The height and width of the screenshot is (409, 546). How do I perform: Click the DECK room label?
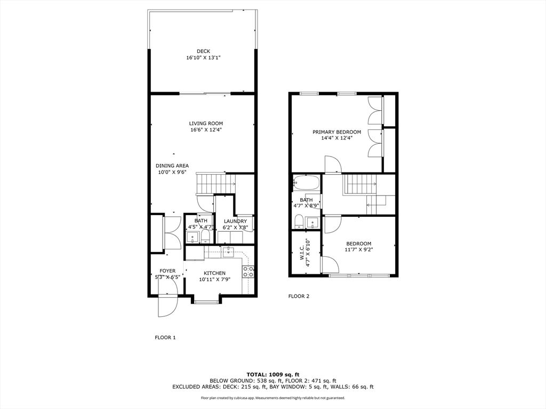click(203, 52)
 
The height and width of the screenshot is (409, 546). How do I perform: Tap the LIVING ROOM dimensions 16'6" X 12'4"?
click(206, 130)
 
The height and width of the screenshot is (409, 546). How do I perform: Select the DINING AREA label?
click(172, 166)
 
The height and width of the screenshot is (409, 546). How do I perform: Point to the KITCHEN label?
click(214, 273)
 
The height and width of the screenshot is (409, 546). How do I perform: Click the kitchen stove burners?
click(248, 272)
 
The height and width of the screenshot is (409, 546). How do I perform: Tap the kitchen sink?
click(228, 251)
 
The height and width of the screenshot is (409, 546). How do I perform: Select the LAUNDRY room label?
click(235, 222)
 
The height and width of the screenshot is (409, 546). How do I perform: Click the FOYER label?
click(167, 271)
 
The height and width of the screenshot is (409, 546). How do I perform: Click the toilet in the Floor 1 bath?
click(205, 237)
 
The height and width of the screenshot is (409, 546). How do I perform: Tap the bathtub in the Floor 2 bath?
click(306, 182)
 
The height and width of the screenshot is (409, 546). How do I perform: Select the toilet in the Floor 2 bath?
click(299, 222)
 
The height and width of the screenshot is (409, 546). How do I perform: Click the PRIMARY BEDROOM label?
click(337, 132)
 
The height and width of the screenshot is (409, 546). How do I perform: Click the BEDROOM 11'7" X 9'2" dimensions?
click(358, 249)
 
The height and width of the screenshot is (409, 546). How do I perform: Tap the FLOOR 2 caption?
click(299, 296)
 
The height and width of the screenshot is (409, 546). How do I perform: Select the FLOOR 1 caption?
click(165, 337)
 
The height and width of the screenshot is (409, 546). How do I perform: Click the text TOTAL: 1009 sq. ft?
click(273, 374)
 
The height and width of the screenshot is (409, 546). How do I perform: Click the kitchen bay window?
click(205, 301)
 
